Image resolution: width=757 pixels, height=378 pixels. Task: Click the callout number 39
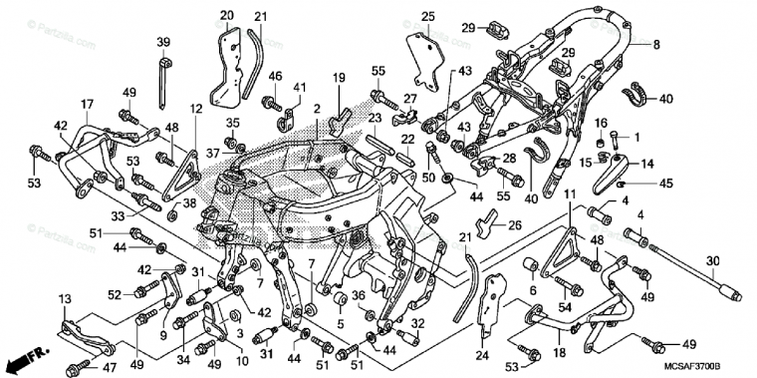(x=163, y=41)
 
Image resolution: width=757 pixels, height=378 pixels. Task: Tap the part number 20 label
(x=227, y=15)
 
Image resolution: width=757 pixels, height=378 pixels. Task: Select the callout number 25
(x=427, y=16)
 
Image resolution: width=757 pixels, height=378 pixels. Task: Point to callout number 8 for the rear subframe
(x=656, y=45)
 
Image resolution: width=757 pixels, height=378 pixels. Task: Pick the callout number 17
(x=88, y=104)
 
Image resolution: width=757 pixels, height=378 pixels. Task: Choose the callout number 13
(x=65, y=300)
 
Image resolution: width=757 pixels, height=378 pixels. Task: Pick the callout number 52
(x=114, y=293)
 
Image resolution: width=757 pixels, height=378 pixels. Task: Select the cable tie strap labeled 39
(x=163, y=70)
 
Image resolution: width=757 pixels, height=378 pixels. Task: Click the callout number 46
(x=276, y=76)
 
